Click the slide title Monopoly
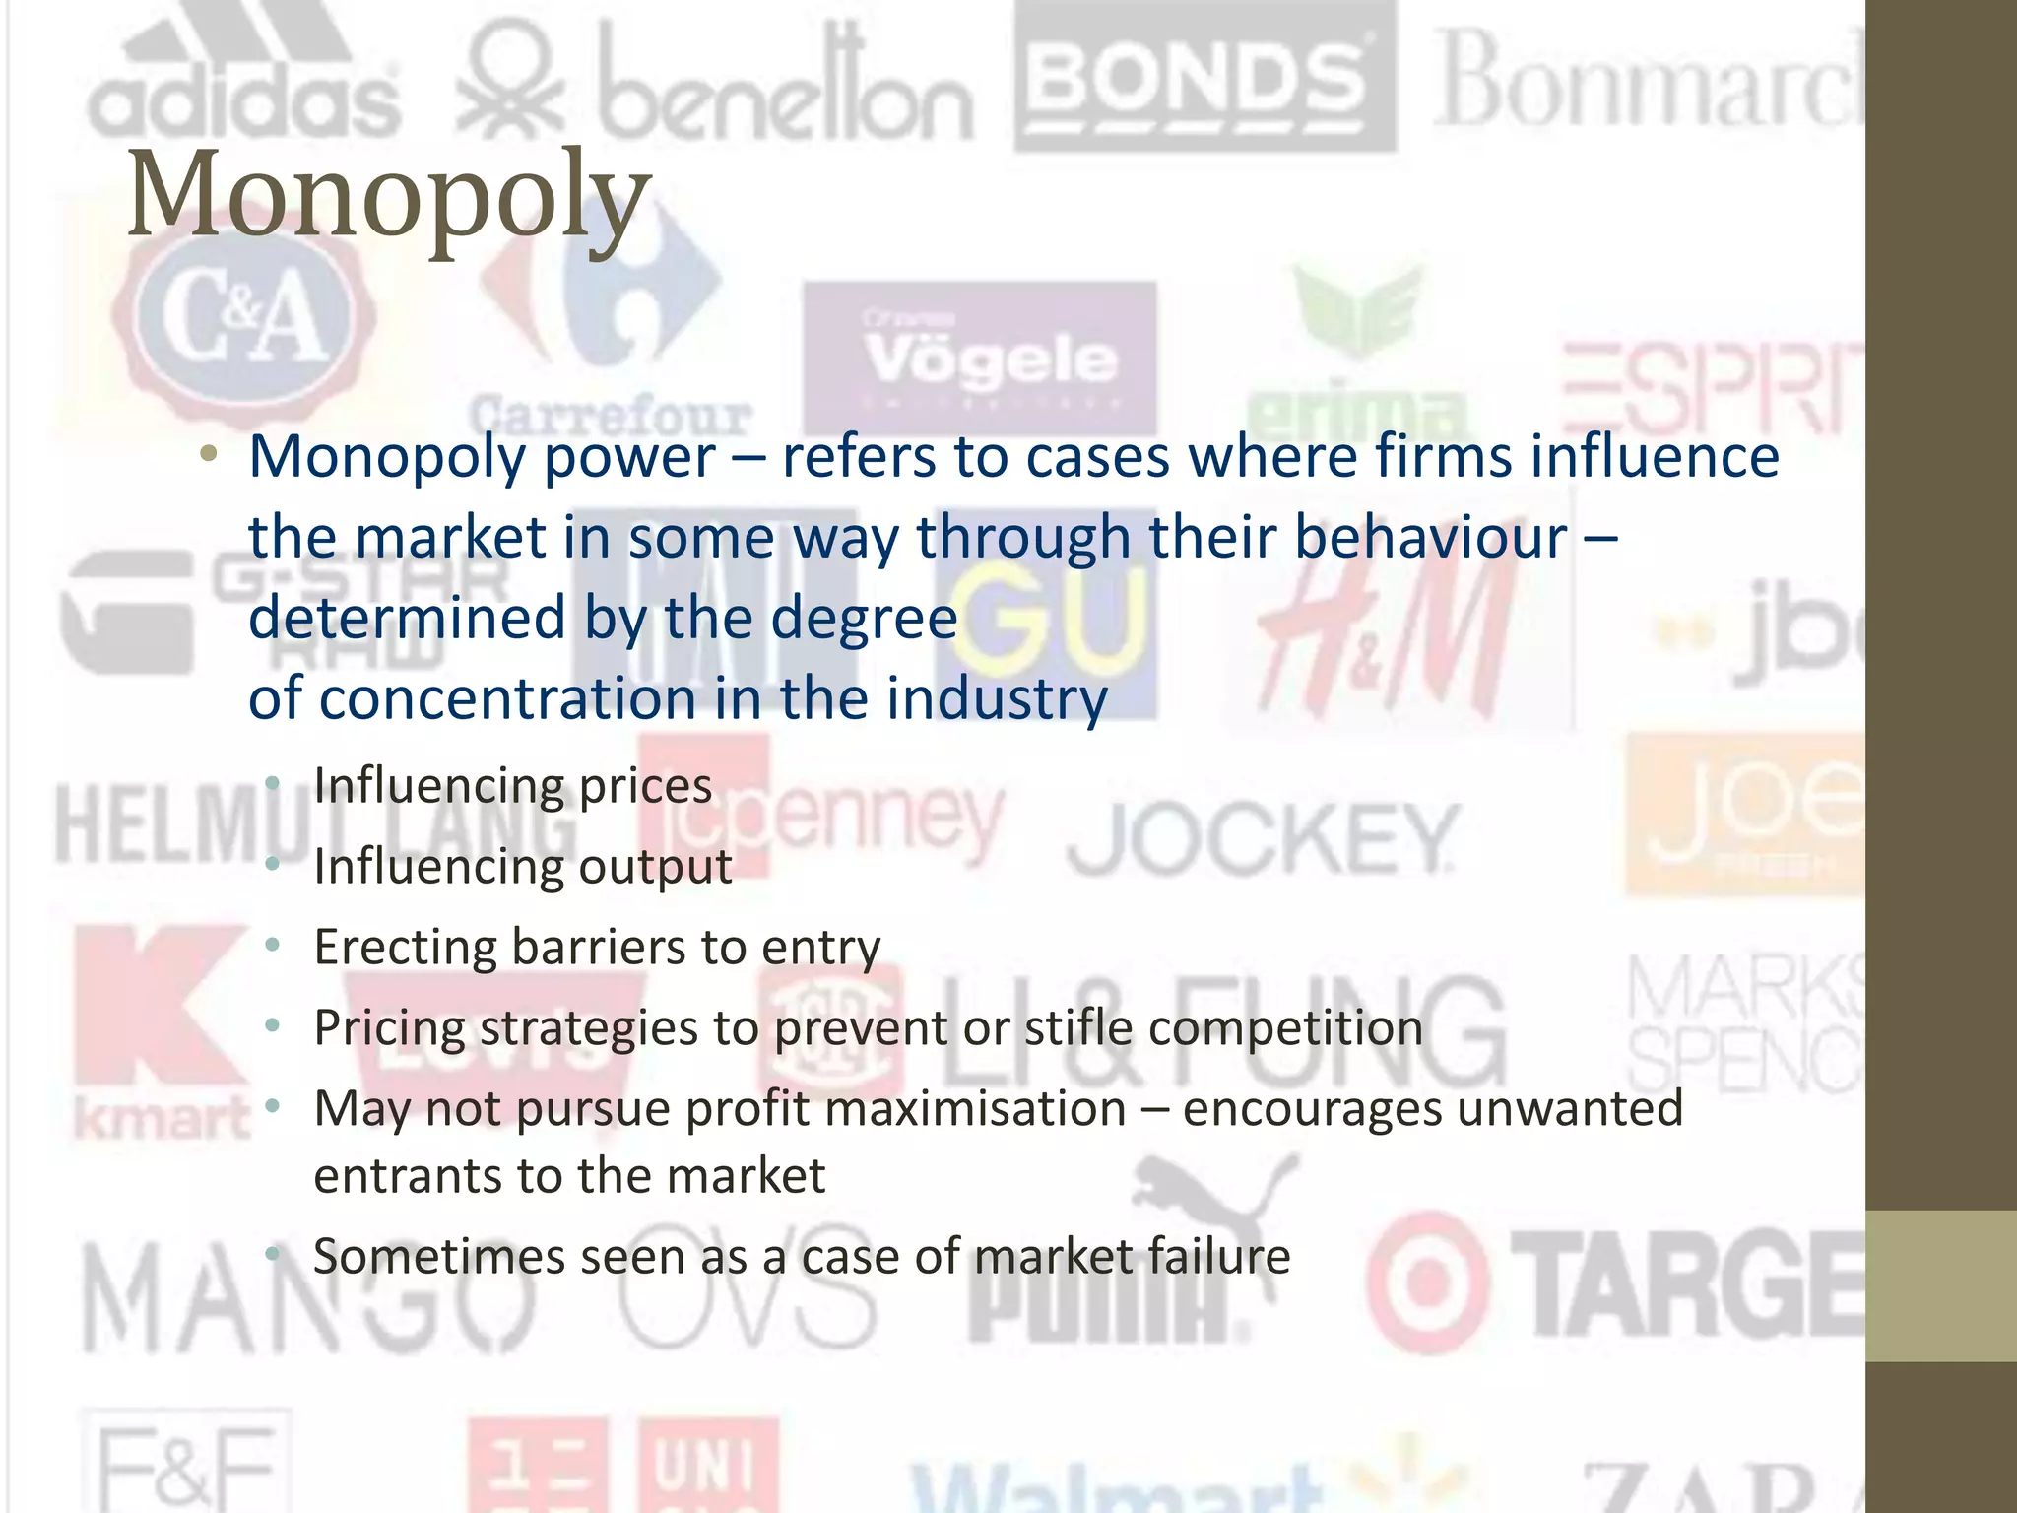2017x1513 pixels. point(389,194)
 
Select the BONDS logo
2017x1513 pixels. point(1204,79)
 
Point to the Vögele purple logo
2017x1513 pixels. point(980,360)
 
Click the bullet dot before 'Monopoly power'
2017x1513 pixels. point(208,455)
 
